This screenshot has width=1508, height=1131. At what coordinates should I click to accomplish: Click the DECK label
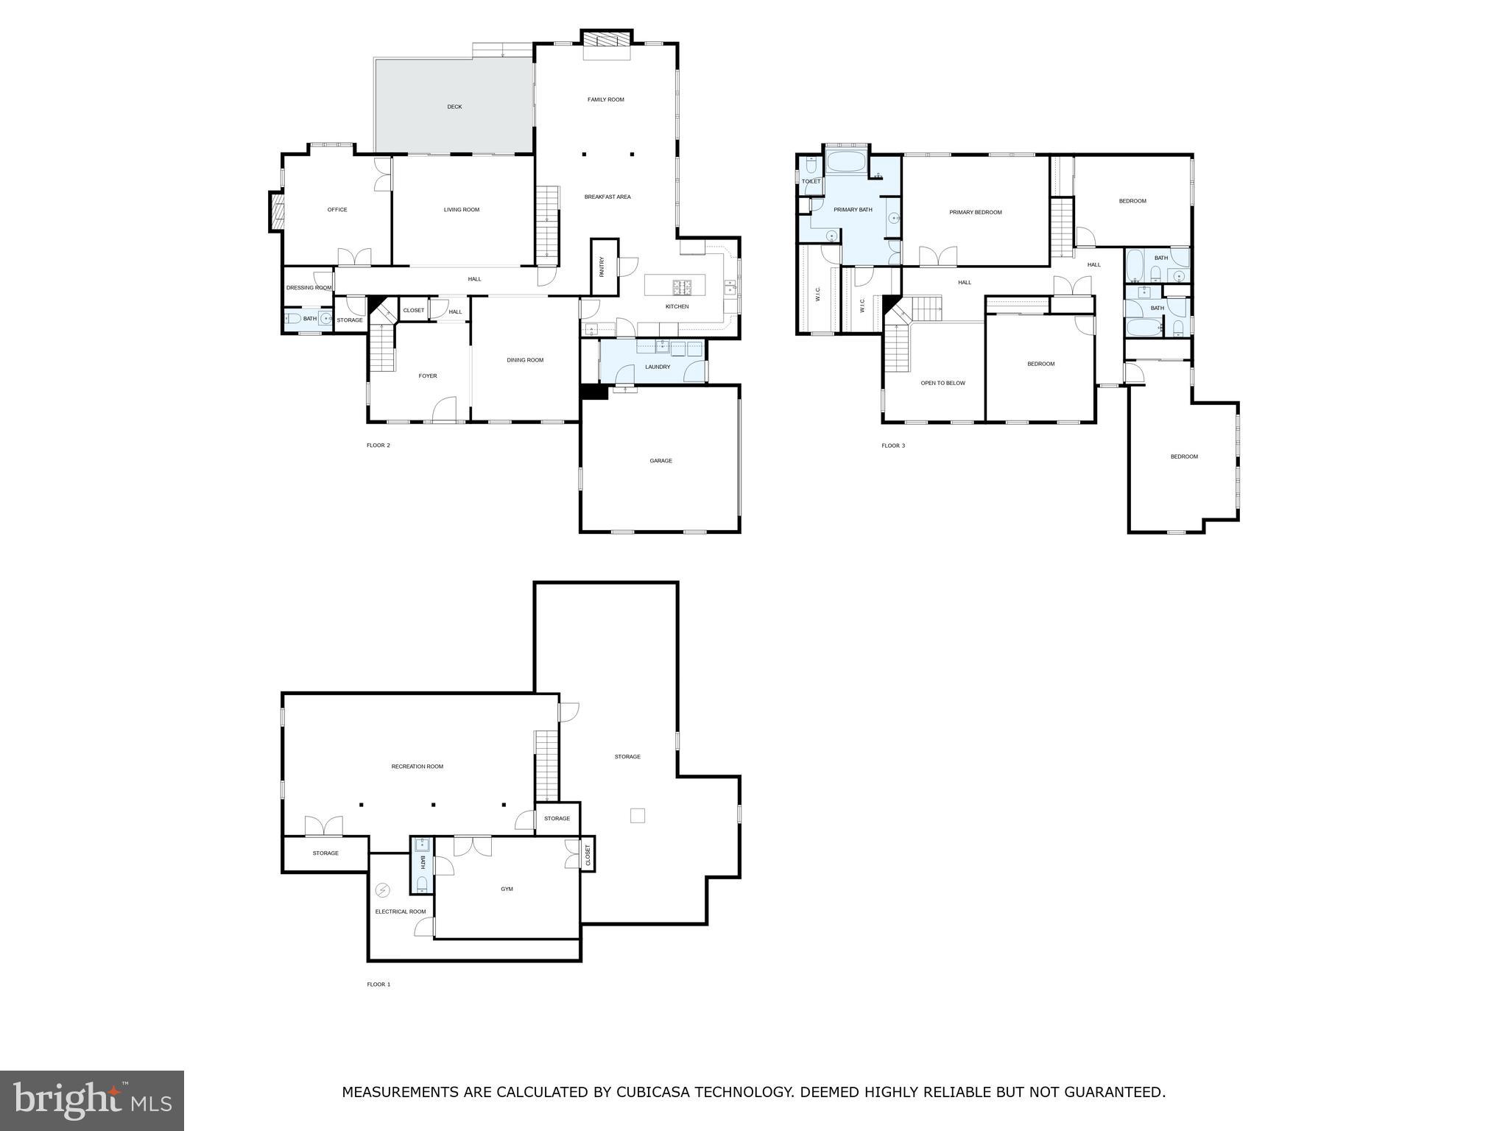(x=454, y=107)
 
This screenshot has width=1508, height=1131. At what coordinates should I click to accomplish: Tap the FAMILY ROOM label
(x=605, y=99)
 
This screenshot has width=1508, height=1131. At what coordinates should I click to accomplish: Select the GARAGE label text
(x=660, y=461)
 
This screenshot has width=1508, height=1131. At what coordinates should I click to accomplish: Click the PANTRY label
(x=602, y=267)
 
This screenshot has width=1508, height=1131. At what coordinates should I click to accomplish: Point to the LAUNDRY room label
(x=658, y=367)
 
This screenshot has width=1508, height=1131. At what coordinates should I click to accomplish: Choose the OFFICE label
(x=337, y=210)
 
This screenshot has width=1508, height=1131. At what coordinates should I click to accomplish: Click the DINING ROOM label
(x=525, y=360)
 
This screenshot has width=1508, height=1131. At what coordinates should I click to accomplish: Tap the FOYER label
(x=428, y=376)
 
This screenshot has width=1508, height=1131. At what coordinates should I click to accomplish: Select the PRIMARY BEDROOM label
(x=975, y=213)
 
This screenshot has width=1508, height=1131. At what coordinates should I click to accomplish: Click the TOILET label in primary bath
(x=811, y=181)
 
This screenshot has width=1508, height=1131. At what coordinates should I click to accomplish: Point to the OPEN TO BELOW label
(x=942, y=383)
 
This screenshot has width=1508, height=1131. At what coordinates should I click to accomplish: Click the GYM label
(x=507, y=889)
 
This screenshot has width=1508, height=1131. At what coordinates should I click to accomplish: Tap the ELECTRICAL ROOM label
(x=401, y=912)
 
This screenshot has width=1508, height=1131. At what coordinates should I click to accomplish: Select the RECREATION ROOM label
(x=417, y=767)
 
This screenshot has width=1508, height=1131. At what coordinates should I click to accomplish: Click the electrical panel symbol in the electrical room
(x=382, y=891)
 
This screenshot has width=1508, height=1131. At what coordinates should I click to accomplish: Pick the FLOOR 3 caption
(x=893, y=445)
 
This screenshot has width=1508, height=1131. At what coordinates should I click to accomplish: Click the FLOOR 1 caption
(x=378, y=984)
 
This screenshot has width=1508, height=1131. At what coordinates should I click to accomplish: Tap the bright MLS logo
(x=92, y=1101)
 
